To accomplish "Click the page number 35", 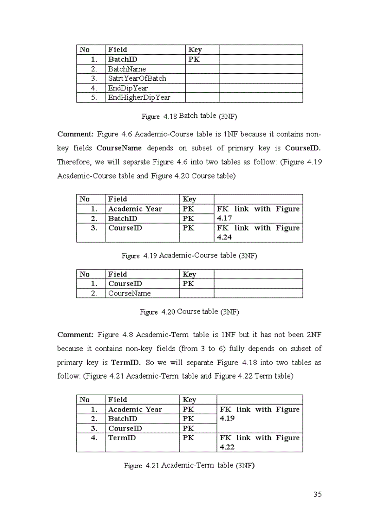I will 317,494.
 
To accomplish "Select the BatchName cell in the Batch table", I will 127,69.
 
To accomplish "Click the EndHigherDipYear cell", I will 139,97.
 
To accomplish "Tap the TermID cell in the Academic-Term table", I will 122,437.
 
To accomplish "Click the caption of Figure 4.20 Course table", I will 189,312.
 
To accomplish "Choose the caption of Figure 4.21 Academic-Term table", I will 189,465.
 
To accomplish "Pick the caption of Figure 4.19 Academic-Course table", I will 189,256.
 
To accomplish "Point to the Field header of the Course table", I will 118,274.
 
